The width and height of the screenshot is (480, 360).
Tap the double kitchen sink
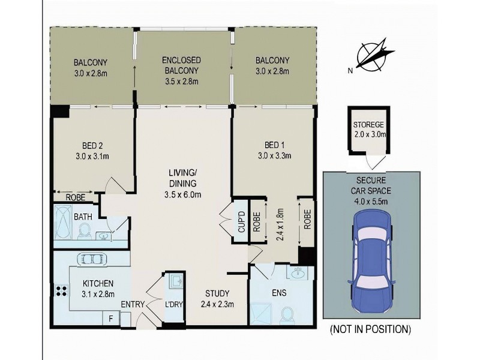pyautogui.click(x=91, y=259)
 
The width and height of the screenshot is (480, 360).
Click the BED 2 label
pyautogui.click(x=92, y=146)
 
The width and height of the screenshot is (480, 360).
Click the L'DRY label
pyautogui.click(x=174, y=305)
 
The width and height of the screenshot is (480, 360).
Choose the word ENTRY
pyautogui.click(x=133, y=305)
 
